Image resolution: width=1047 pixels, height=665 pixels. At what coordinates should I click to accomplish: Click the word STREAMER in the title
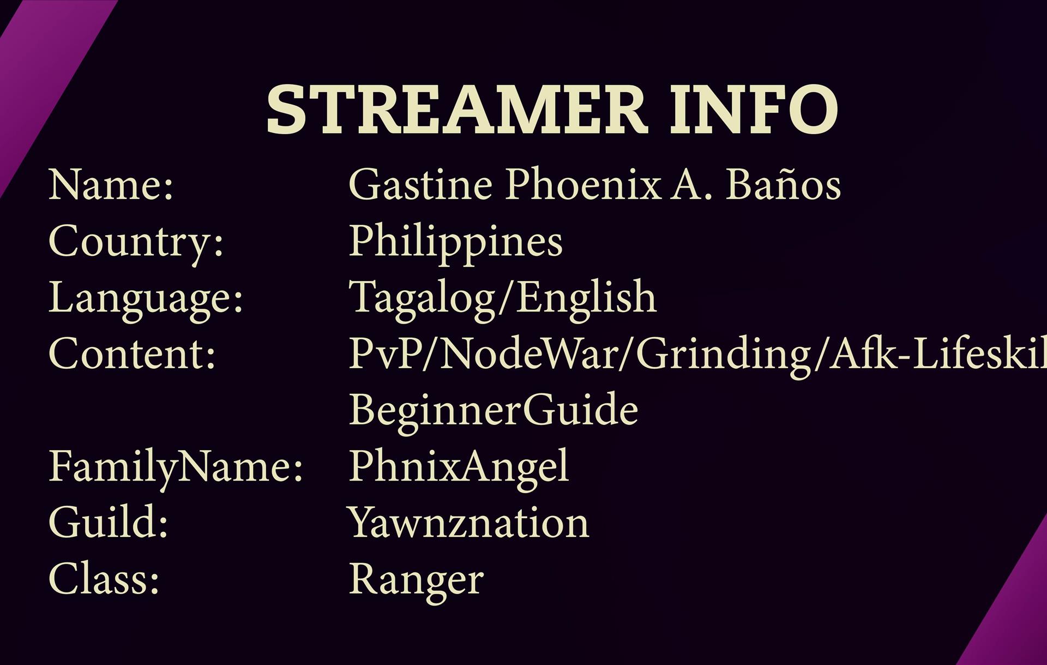coord(457,109)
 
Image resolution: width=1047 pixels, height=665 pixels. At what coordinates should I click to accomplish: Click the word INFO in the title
coord(754,109)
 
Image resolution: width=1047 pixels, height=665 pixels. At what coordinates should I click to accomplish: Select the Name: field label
coord(111,185)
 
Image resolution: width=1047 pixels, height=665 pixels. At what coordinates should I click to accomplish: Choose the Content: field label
coord(133,354)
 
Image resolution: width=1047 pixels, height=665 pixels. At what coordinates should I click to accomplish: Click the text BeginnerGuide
coord(494,410)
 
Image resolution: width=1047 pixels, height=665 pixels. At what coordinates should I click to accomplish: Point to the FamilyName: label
coord(176,467)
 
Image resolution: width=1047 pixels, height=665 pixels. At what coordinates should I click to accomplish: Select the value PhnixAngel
coord(459,467)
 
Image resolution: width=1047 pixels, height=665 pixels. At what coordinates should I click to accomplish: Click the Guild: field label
coord(109,523)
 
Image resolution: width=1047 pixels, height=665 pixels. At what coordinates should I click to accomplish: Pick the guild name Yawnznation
coord(469,523)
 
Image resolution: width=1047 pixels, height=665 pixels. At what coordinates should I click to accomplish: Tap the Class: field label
coord(104,578)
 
